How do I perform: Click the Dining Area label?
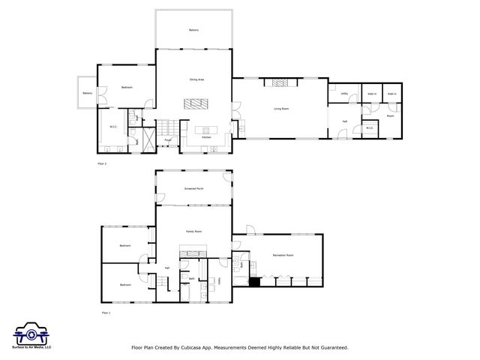point(197,79)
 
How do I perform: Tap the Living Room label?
point(280,109)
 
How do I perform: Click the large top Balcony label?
point(193,29)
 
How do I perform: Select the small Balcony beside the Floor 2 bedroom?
point(88,93)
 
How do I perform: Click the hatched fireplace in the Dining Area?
point(195,103)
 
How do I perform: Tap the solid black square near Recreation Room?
point(254,282)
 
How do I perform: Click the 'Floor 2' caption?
point(103,163)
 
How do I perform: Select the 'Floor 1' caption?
point(105,312)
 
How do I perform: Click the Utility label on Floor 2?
point(344,94)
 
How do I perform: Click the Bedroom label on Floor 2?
point(127,88)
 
